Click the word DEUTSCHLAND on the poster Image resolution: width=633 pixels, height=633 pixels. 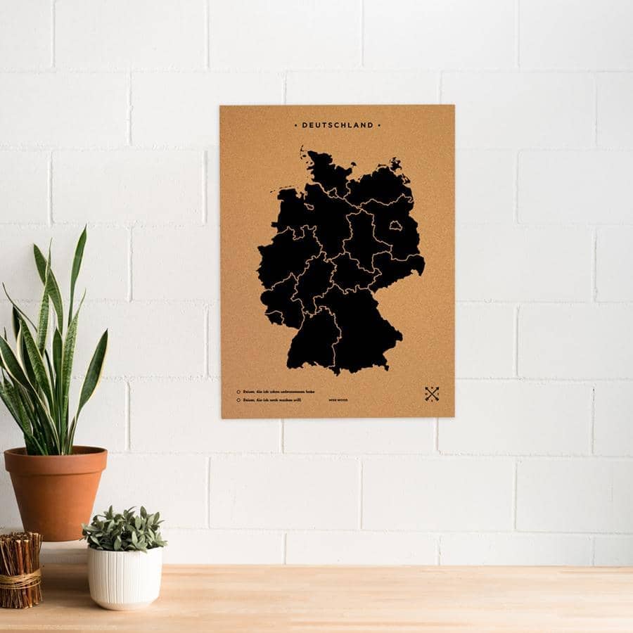(338, 126)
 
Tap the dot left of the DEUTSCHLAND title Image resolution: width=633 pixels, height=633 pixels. (295, 126)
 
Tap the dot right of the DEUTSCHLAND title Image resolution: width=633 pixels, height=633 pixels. (380, 126)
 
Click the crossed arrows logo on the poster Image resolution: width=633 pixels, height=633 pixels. (432, 394)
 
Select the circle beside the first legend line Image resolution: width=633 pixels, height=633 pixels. (238, 392)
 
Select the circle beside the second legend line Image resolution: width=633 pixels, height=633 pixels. (238, 400)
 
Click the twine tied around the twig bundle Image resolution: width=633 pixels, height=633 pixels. (20, 580)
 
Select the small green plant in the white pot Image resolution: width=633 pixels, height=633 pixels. (124, 527)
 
